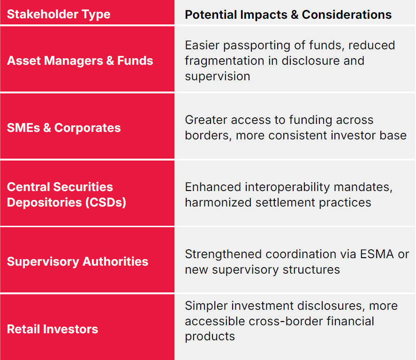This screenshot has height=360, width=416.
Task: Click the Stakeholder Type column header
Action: point(59,15)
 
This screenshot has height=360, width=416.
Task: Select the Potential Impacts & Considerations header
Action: point(288,15)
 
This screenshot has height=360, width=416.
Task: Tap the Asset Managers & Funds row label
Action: point(80,61)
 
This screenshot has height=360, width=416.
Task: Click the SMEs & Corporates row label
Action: point(64,128)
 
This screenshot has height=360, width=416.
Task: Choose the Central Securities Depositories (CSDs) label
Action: point(67,195)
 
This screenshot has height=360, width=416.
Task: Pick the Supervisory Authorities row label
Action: point(78,261)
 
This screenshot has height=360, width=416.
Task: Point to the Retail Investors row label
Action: point(53,329)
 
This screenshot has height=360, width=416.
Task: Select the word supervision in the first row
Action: point(218,77)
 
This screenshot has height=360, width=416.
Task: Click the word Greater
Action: point(206,120)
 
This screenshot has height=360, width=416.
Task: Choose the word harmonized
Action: point(219,202)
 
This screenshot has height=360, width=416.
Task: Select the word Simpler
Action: point(206,306)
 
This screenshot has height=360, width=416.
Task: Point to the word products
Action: point(210,337)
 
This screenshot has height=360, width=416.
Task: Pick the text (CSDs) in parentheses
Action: point(106,203)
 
